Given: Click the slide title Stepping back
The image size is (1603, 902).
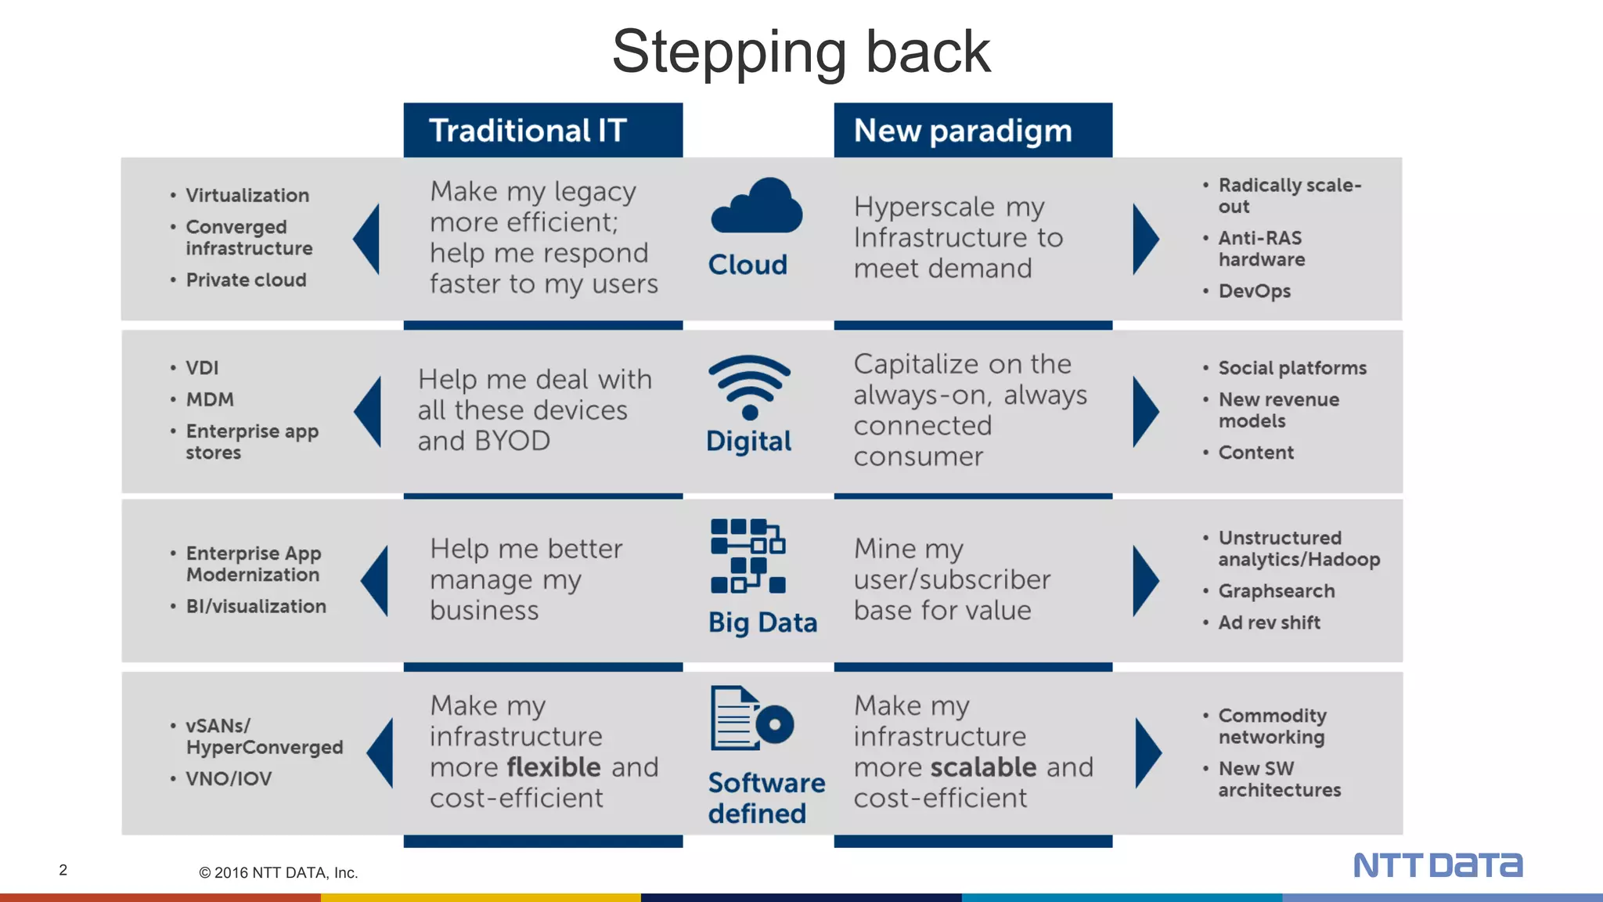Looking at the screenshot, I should tap(801, 52).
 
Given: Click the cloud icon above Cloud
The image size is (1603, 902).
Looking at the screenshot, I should tap(756, 207).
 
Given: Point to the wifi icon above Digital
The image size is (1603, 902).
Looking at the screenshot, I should tap(749, 386).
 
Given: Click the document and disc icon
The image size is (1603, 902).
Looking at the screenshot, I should tap(751, 719).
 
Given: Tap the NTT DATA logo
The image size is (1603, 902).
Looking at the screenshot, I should tap(1438, 865).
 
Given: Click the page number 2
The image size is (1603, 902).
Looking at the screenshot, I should tap(63, 870).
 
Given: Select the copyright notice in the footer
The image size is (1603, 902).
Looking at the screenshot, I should tap(278, 873).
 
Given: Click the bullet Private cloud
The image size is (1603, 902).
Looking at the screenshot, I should tap(246, 280).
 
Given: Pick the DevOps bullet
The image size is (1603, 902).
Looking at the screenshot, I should tap(1254, 291).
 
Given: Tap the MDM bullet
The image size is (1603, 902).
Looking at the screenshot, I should tap(210, 399).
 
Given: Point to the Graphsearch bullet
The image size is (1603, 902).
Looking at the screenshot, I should tap(1276, 591).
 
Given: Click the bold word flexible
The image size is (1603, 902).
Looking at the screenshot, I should tap(554, 767).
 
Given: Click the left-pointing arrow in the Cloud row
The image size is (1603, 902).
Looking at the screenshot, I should tap(367, 239).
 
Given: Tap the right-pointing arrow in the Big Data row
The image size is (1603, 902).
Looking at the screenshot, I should tap(1145, 580).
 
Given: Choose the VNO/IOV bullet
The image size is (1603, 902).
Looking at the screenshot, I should tap(229, 779).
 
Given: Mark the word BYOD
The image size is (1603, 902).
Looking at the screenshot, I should tap(512, 442).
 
